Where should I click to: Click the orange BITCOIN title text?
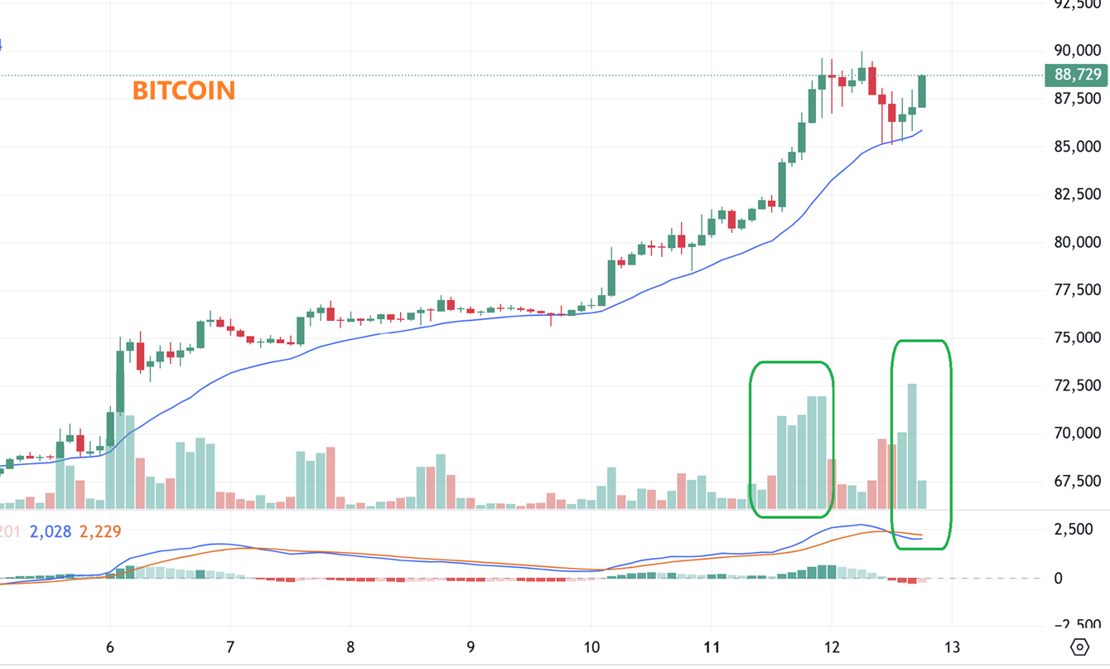tap(184, 90)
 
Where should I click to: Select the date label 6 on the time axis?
tap(110, 647)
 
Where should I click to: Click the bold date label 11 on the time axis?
tap(711, 647)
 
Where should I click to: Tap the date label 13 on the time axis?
tap(952, 647)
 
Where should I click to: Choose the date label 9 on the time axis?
tap(471, 647)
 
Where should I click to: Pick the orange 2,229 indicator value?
tap(100, 531)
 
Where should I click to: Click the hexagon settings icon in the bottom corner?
tap(1079, 647)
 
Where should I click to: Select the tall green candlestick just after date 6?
tap(120, 381)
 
